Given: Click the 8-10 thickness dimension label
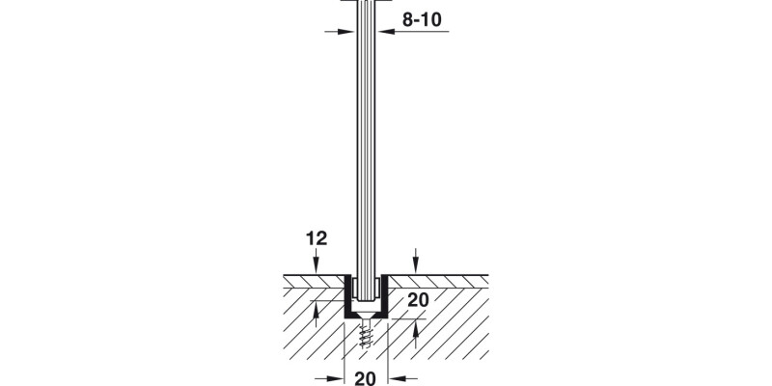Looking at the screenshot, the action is (422, 19).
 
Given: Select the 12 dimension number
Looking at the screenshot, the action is (317, 238).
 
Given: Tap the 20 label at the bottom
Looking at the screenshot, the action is (365, 378).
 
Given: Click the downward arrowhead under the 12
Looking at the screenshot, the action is (317, 267).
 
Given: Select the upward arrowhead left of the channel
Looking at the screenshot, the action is (317, 308).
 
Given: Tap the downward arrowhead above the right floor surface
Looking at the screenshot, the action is (416, 267).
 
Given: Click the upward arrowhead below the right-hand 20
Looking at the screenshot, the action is (416, 326).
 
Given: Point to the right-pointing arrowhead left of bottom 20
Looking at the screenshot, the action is (336, 378).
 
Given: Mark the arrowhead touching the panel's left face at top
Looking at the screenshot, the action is (347, 32).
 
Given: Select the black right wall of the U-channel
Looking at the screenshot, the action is (384, 296).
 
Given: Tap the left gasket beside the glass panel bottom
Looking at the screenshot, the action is (354, 288).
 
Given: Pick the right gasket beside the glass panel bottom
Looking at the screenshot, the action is (376, 288).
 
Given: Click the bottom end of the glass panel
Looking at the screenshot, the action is (366, 299).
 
